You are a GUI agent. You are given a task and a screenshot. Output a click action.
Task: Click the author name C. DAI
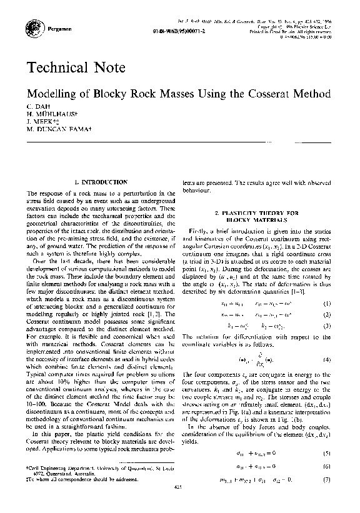[37, 107]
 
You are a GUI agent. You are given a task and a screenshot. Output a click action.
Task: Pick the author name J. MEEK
[42, 123]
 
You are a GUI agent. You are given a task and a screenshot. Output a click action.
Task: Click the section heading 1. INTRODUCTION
[101, 181]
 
